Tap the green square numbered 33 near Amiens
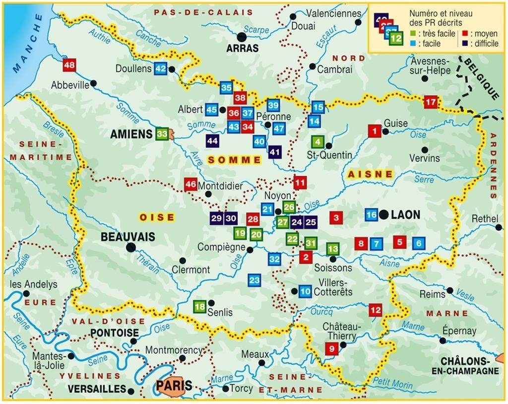click(162, 134)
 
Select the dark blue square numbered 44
click(212, 141)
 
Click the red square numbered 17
click(431, 103)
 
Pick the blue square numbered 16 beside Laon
click(372, 214)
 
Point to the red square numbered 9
click(331, 349)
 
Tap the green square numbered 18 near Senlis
click(199, 307)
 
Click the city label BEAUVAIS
click(127, 237)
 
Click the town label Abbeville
click(70, 85)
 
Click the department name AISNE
click(370, 174)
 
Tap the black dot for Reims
click(449, 290)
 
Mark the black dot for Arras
click(242, 36)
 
